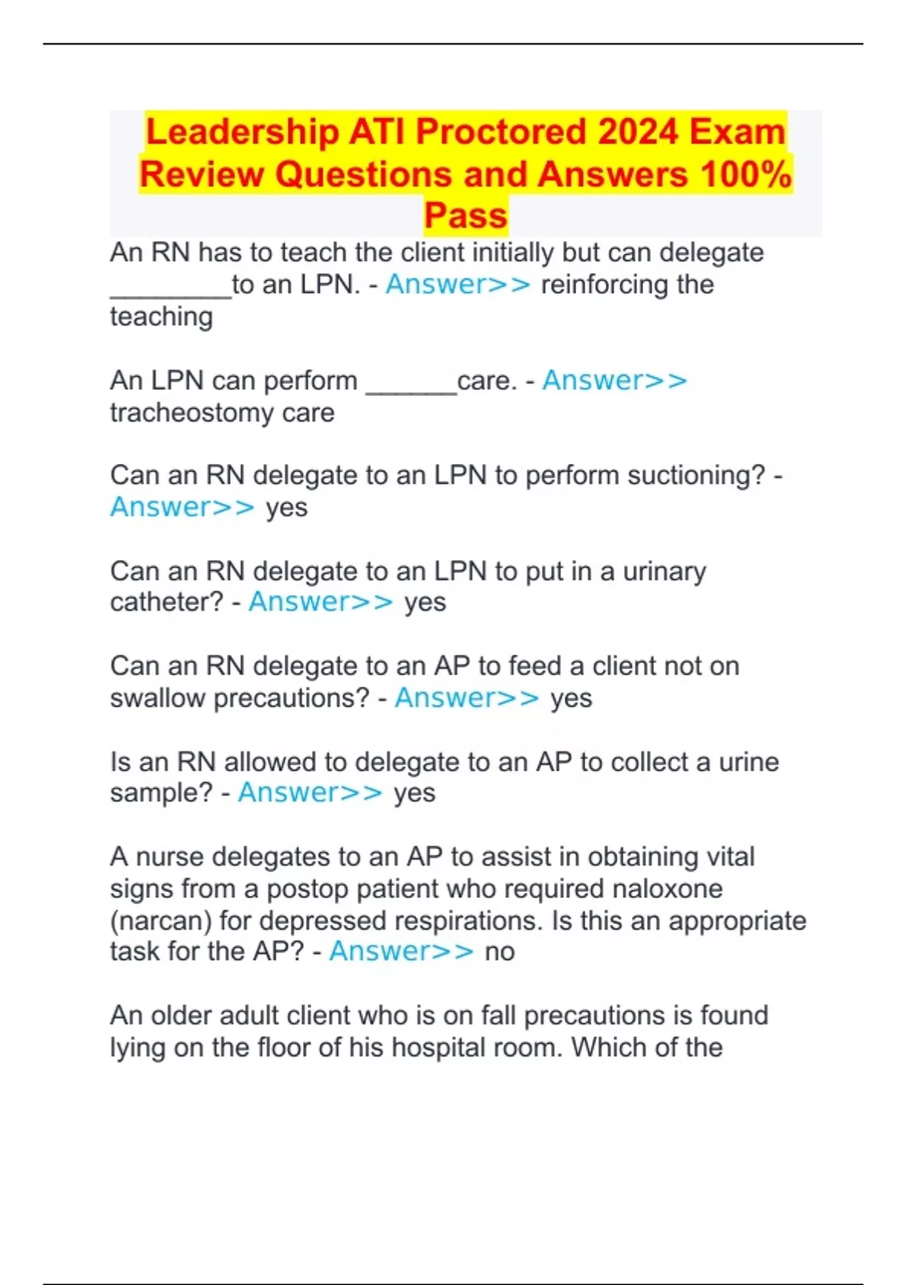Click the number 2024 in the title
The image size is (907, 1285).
(x=639, y=132)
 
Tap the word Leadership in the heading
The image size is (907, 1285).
(x=242, y=132)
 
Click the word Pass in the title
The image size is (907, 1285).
(x=465, y=215)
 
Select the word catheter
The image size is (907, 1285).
(x=166, y=602)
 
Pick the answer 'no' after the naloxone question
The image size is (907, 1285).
(x=500, y=952)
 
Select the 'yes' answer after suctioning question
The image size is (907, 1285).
(x=286, y=507)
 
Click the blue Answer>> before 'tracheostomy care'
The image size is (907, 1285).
(x=614, y=380)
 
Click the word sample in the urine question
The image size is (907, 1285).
(x=161, y=793)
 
